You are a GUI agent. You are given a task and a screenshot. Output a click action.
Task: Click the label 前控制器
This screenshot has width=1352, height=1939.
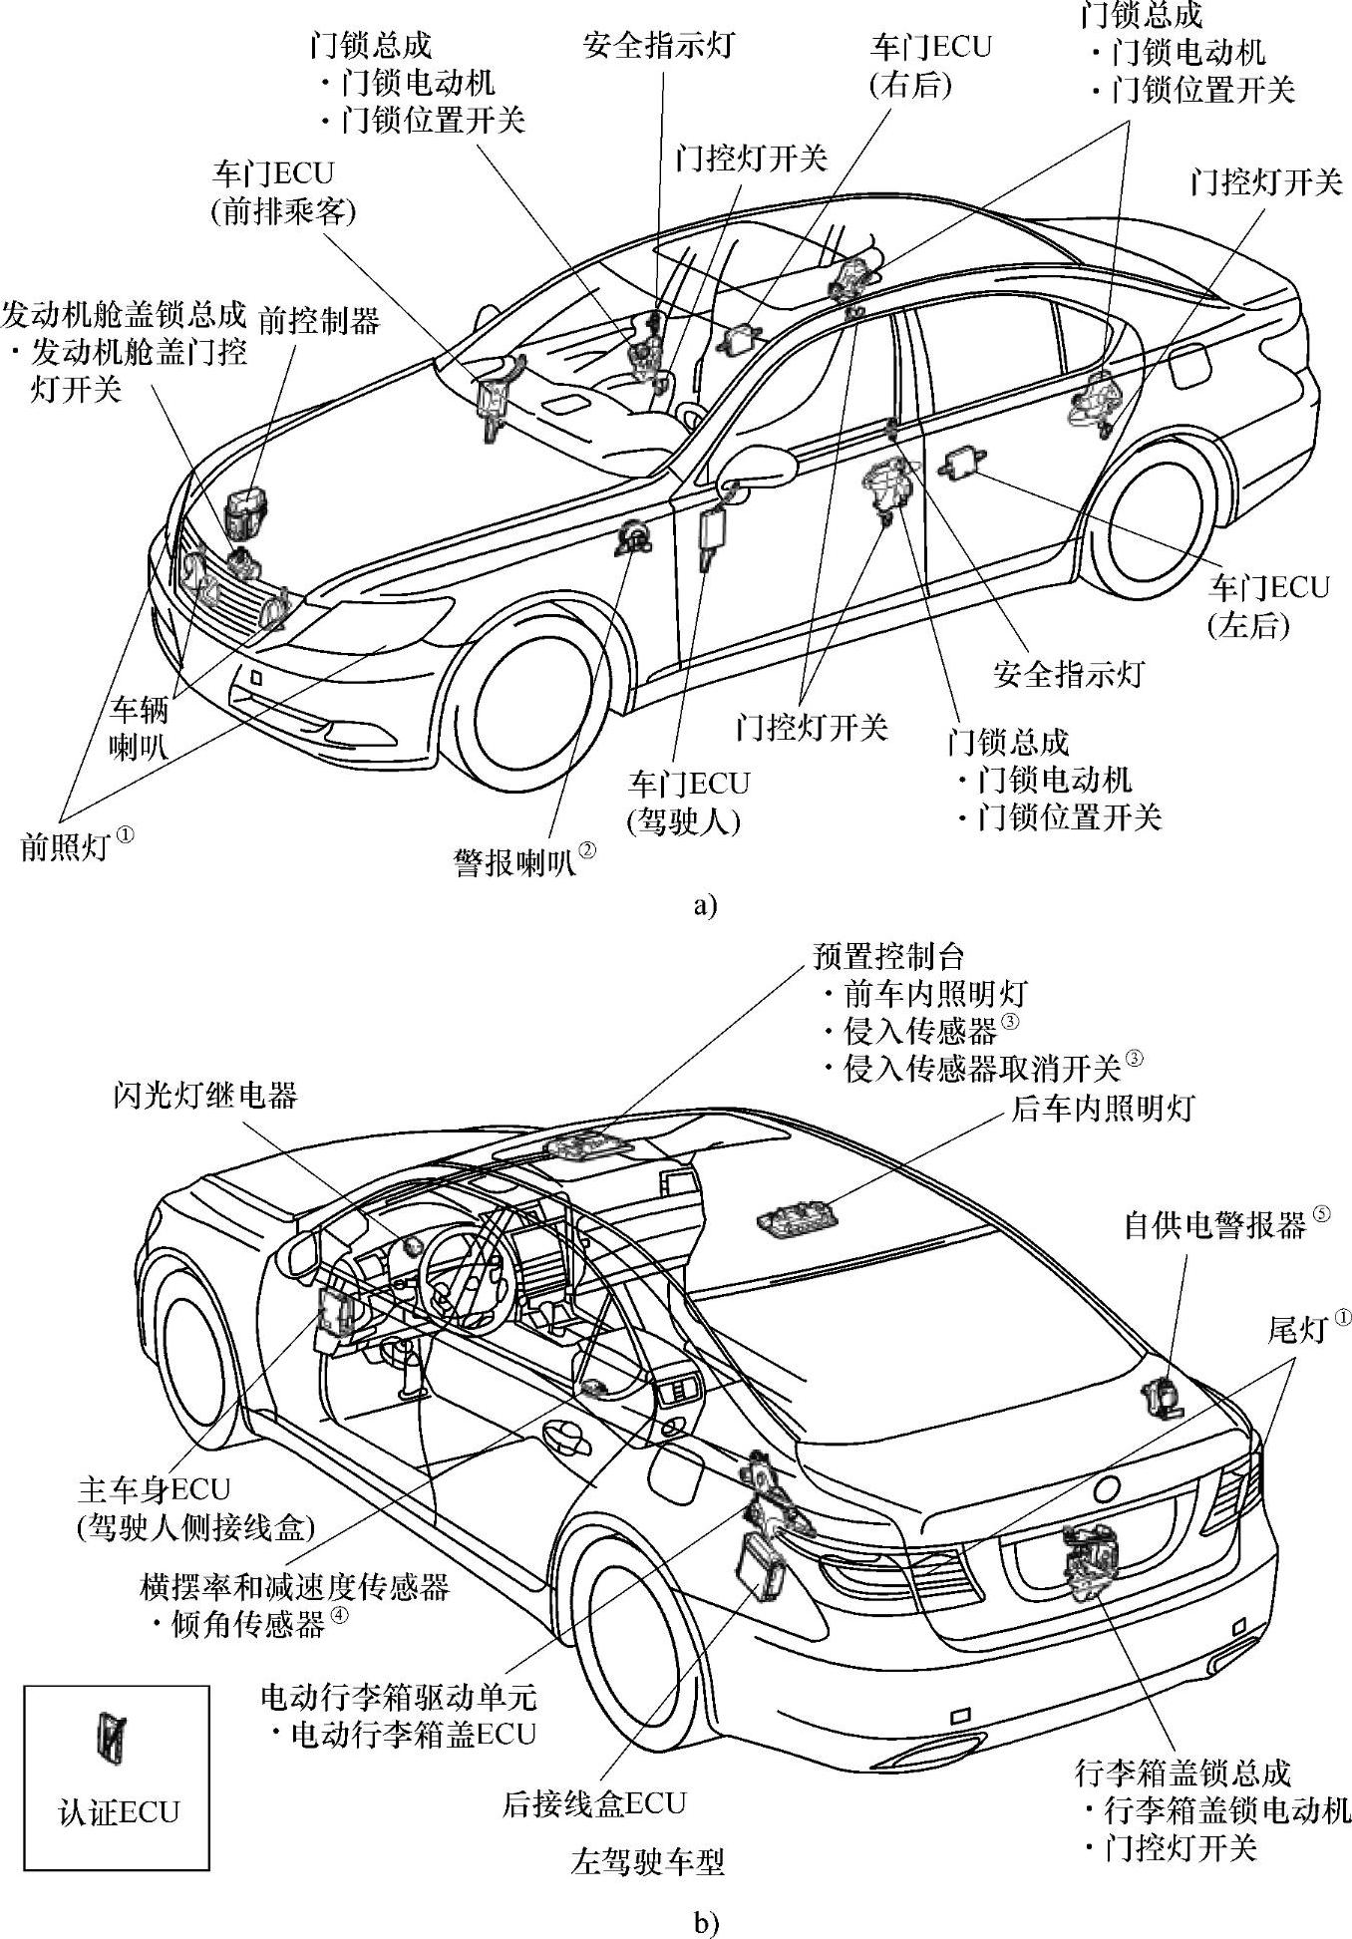(x=319, y=320)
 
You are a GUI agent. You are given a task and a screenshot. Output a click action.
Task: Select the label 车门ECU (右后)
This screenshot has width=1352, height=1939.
(x=931, y=67)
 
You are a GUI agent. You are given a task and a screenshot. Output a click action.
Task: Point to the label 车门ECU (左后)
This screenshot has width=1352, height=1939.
(x=1268, y=605)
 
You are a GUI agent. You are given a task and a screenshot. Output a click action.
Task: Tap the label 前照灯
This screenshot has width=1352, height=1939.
(x=64, y=846)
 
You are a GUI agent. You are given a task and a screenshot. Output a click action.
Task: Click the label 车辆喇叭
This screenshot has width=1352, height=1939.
(x=139, y=728)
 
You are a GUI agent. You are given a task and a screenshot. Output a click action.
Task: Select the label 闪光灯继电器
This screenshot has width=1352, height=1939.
(x=204, y=1096)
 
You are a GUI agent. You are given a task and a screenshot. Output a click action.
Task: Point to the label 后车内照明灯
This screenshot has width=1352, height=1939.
(x=1102, y=1108)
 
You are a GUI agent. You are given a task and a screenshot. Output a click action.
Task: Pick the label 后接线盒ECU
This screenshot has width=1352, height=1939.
(x=594, y=1802)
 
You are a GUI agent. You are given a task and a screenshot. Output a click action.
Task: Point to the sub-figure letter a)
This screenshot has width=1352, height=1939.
(x=704, y=905)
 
